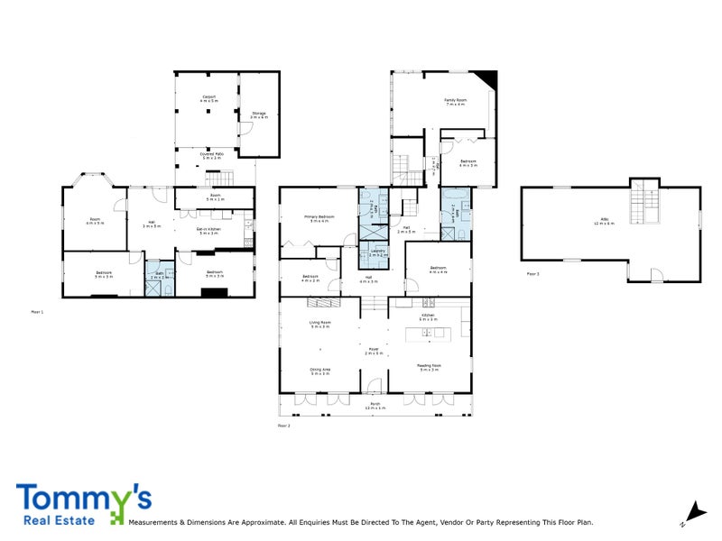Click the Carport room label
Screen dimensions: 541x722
[208, 99]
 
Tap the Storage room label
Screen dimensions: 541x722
[259, 115]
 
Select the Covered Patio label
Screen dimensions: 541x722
[213, 156]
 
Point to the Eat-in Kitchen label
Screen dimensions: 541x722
[212, 231]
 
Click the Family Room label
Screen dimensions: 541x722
[454, 102]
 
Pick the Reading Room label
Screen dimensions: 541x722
[428, 367]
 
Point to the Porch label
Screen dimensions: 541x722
[375, 408]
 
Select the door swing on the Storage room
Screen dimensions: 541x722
[243, 128]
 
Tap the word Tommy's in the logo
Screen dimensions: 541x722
[83, 499]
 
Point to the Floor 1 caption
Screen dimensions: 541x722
[37, 311]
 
